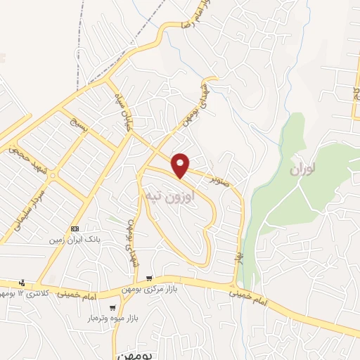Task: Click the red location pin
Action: (181, 165)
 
